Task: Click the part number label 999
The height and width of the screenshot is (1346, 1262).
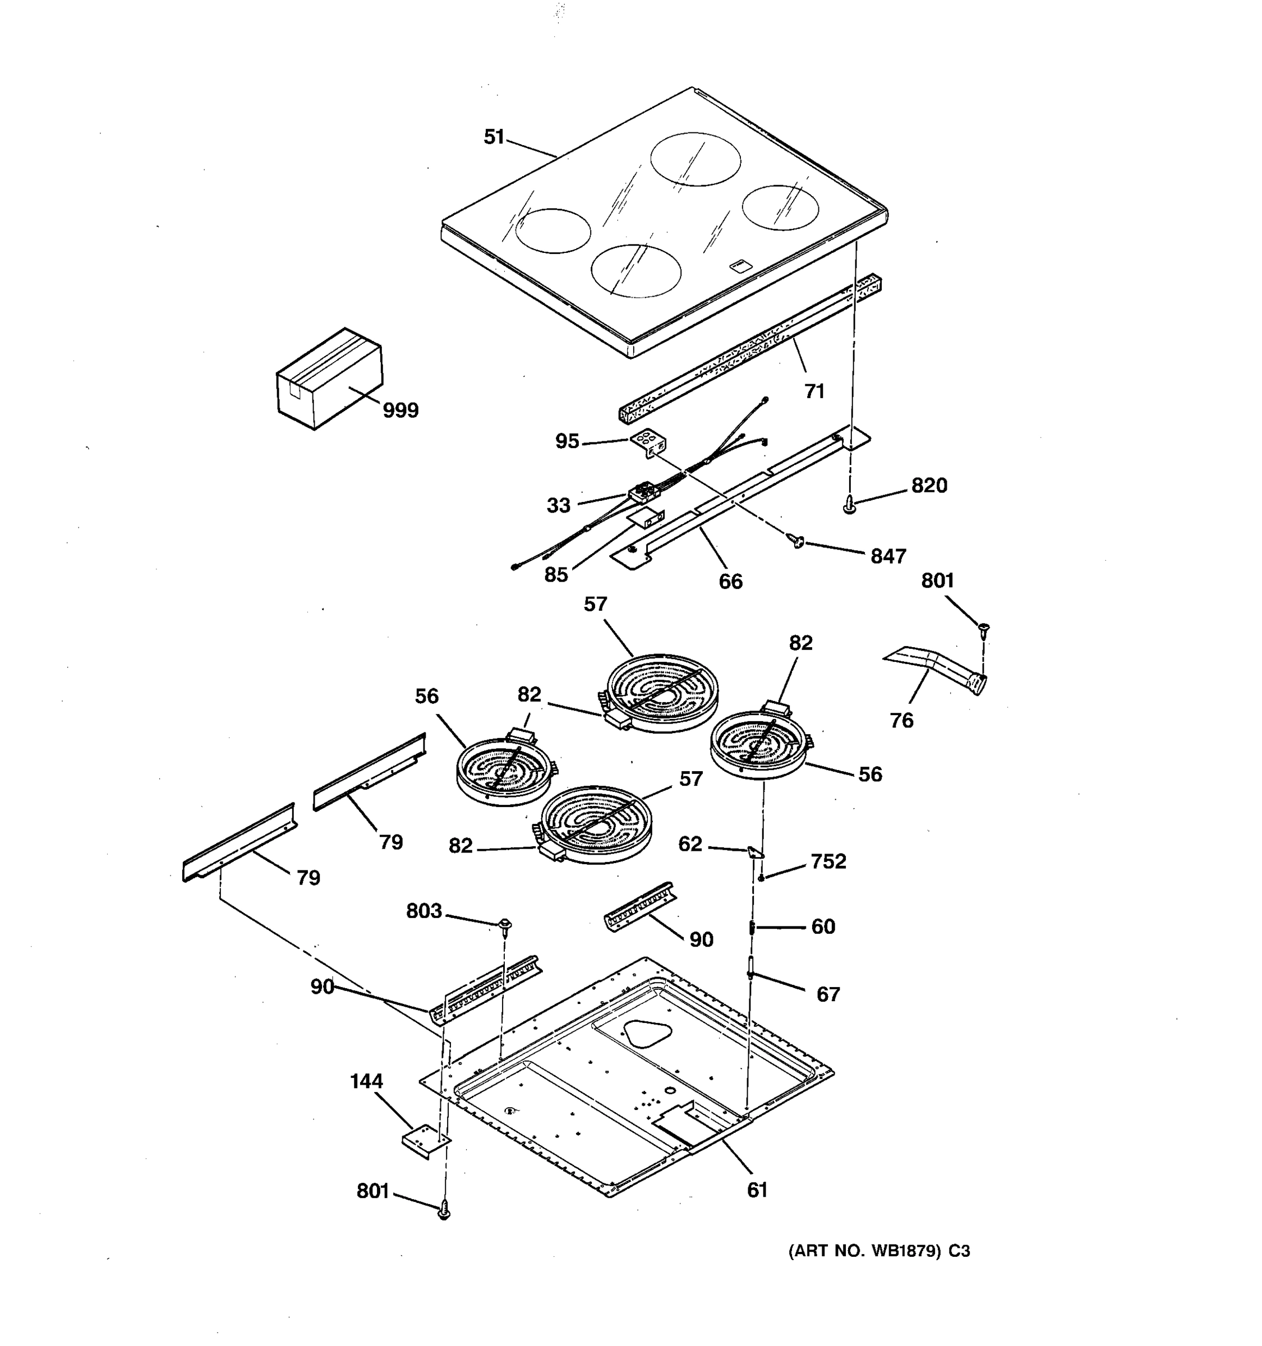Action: [401, 411]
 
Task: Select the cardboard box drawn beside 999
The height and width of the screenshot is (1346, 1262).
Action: [329, 379]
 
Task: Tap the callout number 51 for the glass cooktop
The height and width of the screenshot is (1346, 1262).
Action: [494, 137]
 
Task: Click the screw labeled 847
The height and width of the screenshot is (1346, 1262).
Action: [797, 540]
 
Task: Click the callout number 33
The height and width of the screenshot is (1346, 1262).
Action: [559, 505]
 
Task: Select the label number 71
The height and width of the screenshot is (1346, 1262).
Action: [814, 391]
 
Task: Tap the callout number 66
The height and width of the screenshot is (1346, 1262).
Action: [730, 581]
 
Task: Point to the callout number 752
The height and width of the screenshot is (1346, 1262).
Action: [828, 861]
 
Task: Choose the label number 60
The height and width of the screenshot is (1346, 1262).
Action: [823, 926]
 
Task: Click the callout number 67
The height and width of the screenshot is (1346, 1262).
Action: [828, 994]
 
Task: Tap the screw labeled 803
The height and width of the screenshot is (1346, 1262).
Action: [504, 925]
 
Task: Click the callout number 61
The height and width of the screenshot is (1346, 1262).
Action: [757, 1190]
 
